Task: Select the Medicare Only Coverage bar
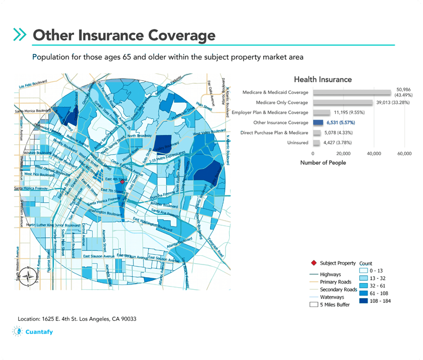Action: [342, 102]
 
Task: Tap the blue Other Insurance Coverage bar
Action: [318, 122]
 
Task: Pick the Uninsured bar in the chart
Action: [316, 142]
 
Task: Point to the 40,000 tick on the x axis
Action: [374, 154]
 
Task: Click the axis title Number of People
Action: [323, 163]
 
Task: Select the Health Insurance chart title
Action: [322, 80]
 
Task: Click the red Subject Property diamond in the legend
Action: [313, 263]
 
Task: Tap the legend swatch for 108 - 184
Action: [365, 301]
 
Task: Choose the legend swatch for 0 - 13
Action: [365, 270]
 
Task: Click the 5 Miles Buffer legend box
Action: [314, 304]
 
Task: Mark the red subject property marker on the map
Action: [123, 182]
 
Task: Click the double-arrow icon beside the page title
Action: [20, 35]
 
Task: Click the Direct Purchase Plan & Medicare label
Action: [274, 133]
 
